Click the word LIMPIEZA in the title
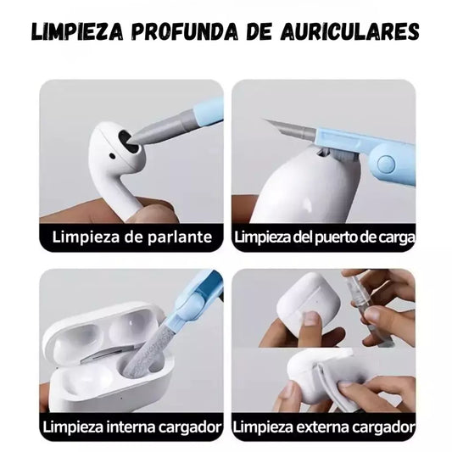coord(77,31)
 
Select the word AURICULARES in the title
coord(350,31)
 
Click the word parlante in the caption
coord(180,237)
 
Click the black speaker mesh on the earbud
coord(129,142)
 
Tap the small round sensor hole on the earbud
coord(113,157)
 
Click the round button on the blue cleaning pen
coord(386,163)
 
